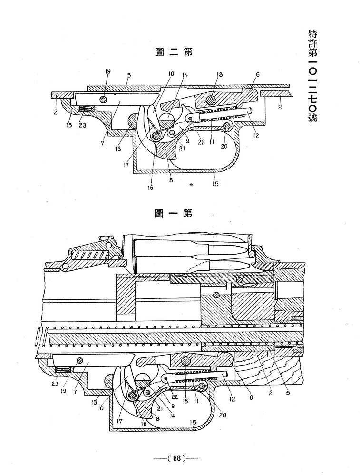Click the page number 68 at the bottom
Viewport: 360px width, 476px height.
(177, 458)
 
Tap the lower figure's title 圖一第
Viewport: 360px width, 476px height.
(174, 213)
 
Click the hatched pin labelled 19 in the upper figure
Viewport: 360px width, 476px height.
(102, 99)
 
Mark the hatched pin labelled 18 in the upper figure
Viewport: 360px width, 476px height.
(210, 99)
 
